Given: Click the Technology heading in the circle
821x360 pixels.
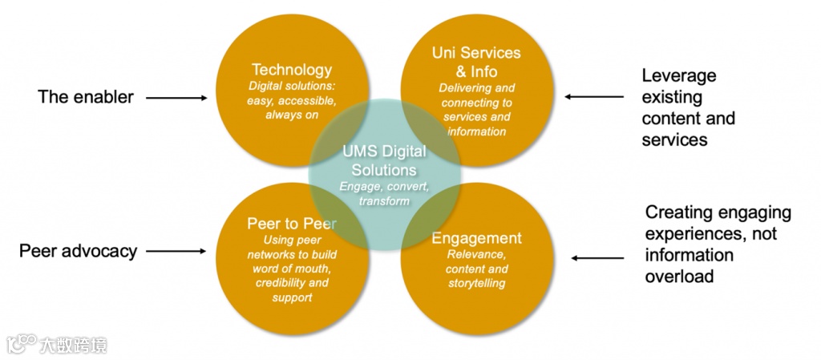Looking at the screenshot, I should point(291,70).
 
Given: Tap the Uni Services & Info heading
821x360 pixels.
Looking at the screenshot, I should point(476,62).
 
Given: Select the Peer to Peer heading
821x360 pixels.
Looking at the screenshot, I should point(291,224).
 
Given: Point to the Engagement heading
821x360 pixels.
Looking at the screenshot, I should point(476,238).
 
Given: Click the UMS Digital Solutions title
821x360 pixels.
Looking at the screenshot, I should point(384,160).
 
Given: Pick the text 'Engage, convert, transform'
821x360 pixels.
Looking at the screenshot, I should point(384,193).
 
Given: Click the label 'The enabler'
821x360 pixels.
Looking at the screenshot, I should point(86,97).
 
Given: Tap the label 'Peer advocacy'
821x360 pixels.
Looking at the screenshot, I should point(78,251).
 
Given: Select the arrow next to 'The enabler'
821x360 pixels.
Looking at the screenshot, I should point(176,98).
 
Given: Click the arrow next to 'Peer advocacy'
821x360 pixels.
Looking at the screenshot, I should point(176,251).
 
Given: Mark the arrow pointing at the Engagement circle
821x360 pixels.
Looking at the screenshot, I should point(597,258).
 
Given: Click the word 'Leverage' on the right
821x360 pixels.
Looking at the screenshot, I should point(679,76).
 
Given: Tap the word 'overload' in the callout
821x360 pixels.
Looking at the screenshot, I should point(680,276).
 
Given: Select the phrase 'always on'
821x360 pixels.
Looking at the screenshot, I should point(292,115).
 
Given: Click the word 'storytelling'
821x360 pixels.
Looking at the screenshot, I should point(476,282).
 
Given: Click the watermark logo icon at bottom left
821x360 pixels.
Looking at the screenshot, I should point(21,345).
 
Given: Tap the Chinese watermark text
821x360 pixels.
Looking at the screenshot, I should point(73,346).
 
